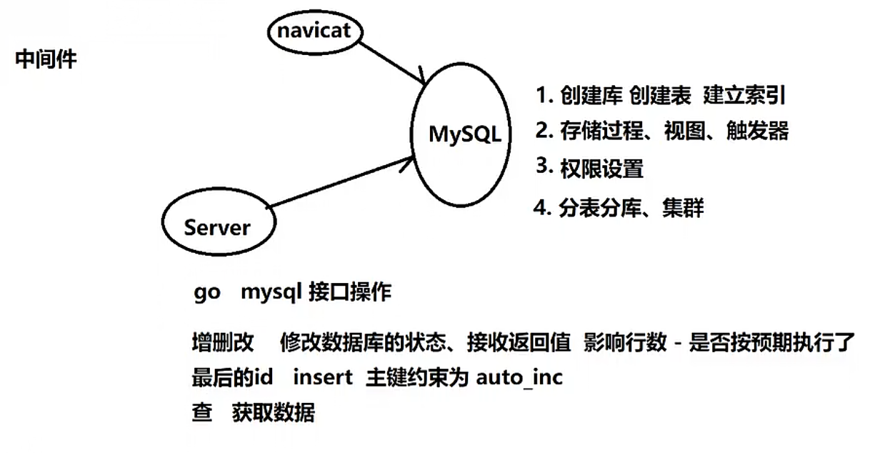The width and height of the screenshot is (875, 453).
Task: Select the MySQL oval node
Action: [x=464, y=134]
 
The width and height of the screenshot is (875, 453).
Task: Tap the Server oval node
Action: [x=217, y=227]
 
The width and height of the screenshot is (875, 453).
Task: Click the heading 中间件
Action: [x=46, y=59]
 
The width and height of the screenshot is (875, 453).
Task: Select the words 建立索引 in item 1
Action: [x=746, y=95]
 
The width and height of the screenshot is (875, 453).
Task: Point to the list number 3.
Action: [x=545, y=166]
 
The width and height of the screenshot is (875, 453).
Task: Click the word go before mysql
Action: [x=206, y=293]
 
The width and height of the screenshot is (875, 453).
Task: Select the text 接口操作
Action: [x=350, y=293]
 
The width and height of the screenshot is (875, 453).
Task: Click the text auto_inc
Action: [x=519, y=377]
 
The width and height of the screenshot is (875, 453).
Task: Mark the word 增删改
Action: [x=223, y=343]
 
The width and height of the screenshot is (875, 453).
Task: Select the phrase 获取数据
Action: [x=273, y=412]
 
